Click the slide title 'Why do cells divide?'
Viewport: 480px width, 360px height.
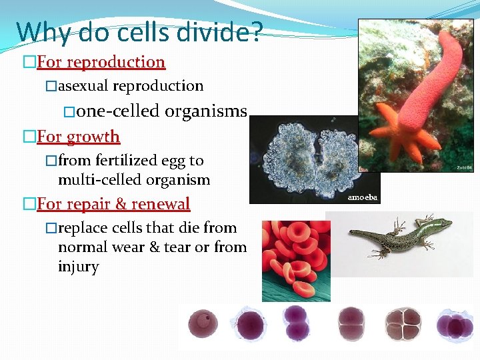[139, 31]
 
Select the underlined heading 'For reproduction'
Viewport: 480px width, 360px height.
[101, 62]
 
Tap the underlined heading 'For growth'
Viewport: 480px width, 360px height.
[78, 137]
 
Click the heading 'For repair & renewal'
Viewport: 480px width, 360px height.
[113, 203]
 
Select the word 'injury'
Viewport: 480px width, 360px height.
[78, 267]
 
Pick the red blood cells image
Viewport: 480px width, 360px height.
[295, 260]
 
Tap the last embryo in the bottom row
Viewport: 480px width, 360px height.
[453, 325]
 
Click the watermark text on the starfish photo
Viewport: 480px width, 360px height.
[464, 167]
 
